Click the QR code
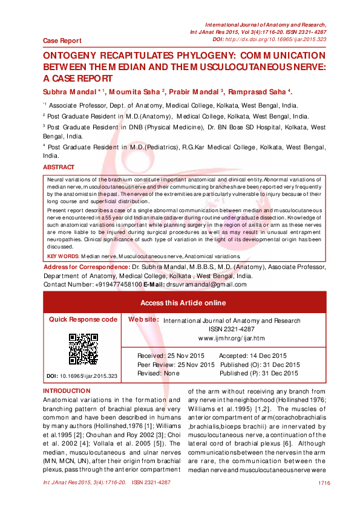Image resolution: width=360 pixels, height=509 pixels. (83, 349)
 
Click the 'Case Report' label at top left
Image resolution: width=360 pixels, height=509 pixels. (62, 41)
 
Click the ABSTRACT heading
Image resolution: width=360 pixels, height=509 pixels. (59, 167)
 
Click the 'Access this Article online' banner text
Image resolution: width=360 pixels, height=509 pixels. (183, 303)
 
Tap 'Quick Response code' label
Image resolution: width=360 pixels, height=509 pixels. (83, 319)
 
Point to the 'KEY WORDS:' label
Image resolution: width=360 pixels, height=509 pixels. (64, 256)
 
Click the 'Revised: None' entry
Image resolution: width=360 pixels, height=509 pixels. (159, 373)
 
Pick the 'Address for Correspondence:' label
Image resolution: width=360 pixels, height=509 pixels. (87, 267)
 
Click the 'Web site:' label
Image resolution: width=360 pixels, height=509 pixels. (143, 319)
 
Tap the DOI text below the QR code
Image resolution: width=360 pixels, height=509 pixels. (82, 376)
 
